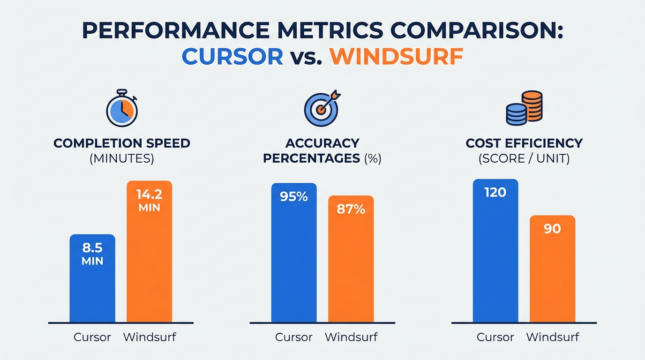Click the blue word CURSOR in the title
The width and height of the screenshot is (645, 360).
coord(232,57)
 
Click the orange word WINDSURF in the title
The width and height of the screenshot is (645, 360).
coord(396,57)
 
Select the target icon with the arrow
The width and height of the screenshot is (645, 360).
coord(322,108)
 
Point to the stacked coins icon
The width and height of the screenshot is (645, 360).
coord(524,108)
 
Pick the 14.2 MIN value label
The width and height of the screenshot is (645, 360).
coord(150,200)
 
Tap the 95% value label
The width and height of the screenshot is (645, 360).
coord(294,196)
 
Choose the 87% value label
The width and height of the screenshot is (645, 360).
coord(351,209)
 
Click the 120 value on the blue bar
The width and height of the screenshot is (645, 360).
coord(495,192)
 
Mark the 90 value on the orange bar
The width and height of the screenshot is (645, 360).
coord(552,229)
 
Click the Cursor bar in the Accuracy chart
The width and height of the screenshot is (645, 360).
coord(294,262)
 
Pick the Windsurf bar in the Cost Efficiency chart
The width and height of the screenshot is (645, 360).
coord(552,277)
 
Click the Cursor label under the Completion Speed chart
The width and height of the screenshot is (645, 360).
coord(92,337)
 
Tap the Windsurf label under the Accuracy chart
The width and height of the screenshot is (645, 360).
coord(351,337)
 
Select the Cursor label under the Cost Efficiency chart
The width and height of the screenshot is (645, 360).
coord(495,337)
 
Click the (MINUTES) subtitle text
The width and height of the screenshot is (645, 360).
coord(122,158)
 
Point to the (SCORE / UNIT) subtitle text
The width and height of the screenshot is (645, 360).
coord(524,158)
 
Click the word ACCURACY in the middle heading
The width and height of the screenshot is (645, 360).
coord(322,143)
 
